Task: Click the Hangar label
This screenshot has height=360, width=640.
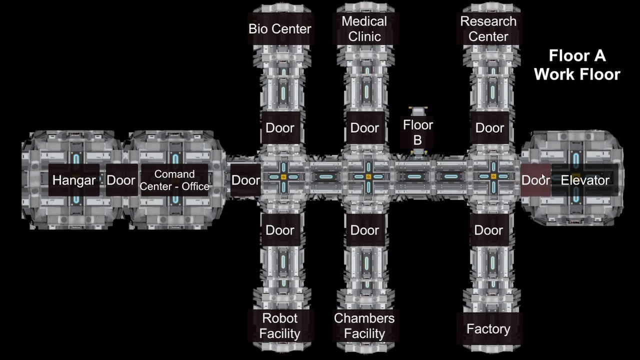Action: pos(74,180)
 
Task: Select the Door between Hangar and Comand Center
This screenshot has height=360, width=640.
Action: pos(121,180)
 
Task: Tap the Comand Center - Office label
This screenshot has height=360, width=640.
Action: pos(174,180)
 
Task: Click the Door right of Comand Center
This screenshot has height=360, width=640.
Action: pos(245,180)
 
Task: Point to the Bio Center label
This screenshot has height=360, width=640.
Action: pos(280,29)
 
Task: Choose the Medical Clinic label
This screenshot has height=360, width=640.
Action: pos(364,29)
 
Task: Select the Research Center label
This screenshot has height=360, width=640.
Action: pos(488,29)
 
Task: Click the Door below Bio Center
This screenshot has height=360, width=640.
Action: pos(280,127)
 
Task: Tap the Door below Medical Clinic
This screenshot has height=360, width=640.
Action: pos(365,127)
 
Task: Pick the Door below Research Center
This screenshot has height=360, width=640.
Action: pos(489,127)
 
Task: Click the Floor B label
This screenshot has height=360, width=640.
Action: pos(417,132)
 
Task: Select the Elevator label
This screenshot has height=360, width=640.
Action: pos(585,180)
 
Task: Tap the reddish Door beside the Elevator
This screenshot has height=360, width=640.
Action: pos(535,180)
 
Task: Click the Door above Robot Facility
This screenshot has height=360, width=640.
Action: pos(280,230)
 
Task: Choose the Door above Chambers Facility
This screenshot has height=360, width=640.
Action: pos(365,230)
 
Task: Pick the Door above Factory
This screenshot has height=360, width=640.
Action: pos(489,230)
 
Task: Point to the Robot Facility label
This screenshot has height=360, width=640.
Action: pos(280,325)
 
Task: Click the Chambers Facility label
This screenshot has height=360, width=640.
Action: pos(364,325)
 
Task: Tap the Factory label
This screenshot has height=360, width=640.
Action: pos(488,328)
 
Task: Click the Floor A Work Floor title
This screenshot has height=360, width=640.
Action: pos(577,65)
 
